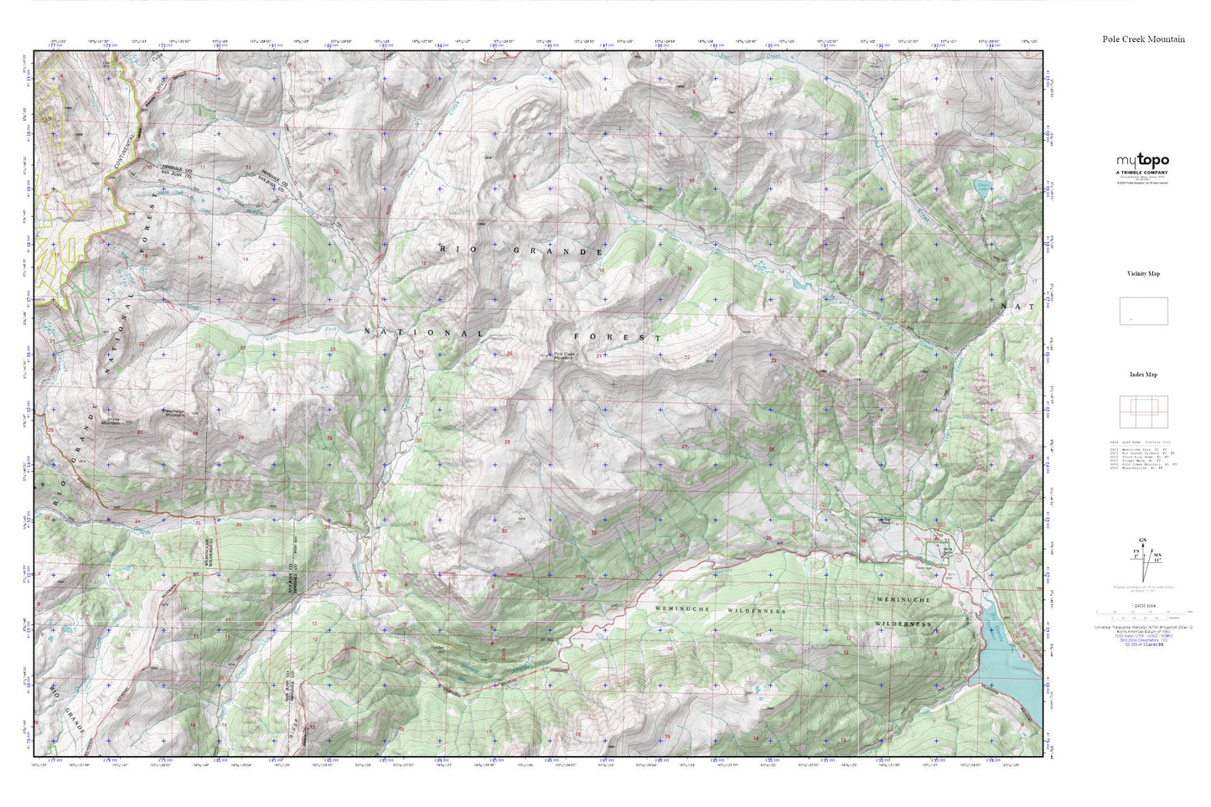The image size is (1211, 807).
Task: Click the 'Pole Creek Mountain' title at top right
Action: pos(1143,39)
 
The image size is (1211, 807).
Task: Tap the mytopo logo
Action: pos(1142,160)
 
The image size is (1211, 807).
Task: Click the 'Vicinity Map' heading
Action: pos(1143,274)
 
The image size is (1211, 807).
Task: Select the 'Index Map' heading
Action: pos(1143,375)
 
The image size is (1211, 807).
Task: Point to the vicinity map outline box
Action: pos(1143,311)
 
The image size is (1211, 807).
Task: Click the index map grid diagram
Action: pos(1143,411)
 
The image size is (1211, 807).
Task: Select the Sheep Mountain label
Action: pos(111,422)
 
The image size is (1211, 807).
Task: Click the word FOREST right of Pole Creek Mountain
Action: pos(617,337)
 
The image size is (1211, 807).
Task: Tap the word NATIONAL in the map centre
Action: pos(423,333)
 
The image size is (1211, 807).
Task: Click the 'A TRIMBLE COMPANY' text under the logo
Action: pos(1141,173)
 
